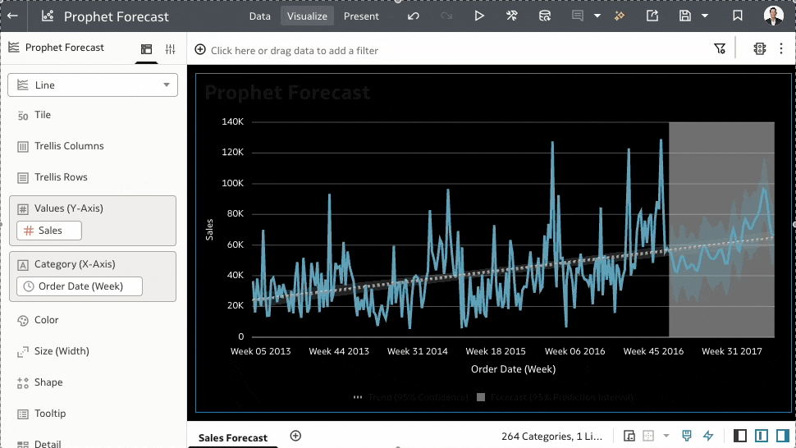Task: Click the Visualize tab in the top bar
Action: [x=307, y=16]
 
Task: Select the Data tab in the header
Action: [x=259, y=16]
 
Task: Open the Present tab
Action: [x=361, y=16]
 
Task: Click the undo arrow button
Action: [x=414, y=16]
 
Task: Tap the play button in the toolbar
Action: [x=479, y=16]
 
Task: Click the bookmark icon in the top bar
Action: [x=738, y=16]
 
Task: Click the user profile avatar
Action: [x=773, y=16]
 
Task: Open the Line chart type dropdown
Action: [x=93, y=85]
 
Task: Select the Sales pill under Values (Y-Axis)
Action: [x=49, y=231]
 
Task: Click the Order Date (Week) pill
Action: [x=80, y=286]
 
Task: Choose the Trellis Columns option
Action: [x=69, y=146]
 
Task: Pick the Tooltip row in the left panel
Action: [x=50, y=414]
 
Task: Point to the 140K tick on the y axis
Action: [x=232, y=122]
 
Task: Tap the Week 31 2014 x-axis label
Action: [x=417, y=351]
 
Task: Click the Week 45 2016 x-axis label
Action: [x=653, y=351]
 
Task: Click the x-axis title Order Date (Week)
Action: [x=513, y=369]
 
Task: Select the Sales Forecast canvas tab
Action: [x=233, y=438]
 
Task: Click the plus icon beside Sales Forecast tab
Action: [x=296, y=436]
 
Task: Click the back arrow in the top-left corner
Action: [x=12, y=16]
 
